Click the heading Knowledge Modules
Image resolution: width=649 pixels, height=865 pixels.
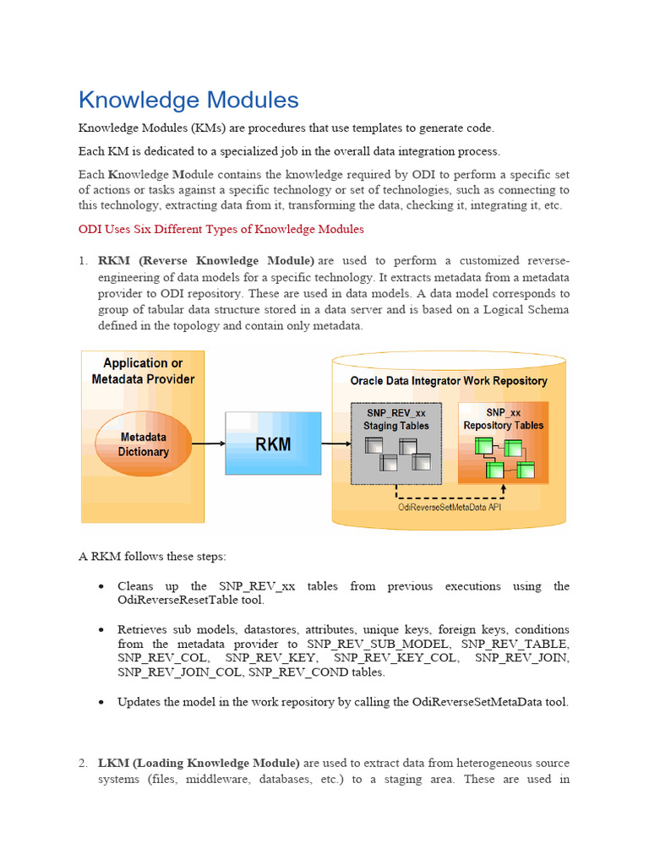click(x=188, y=101)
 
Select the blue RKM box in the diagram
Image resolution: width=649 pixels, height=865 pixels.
click(x=273, y=443)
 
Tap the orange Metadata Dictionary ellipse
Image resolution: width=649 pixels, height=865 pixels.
click(x=143, y=444)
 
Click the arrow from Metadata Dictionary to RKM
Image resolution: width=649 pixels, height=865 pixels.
click(x=208, y=443)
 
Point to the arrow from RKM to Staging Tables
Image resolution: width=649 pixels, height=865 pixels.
click(x=335, y=443)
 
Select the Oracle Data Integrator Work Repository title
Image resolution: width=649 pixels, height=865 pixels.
click(x=449, y=381)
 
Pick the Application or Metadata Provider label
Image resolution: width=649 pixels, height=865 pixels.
click(x=143, y=371)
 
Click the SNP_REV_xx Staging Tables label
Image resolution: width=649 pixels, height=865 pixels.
click(x=396, y=419)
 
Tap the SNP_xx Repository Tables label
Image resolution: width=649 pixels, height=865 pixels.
click(x=503, y=419)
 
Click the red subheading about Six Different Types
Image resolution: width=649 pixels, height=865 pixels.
click(x=221, y=229)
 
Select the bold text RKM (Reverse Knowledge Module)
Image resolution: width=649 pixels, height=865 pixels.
click(x=206, y=260)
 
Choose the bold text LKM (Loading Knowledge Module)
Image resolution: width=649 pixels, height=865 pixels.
click(x=199, y=763)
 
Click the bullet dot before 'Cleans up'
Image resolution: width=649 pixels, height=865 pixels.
click(x=101, y=586)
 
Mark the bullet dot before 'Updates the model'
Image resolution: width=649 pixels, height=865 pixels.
click(x=101, y=702)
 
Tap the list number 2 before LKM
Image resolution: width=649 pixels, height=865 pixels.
click(x=84, y=763)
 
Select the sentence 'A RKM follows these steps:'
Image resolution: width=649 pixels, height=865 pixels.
click(x=152, y=556)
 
